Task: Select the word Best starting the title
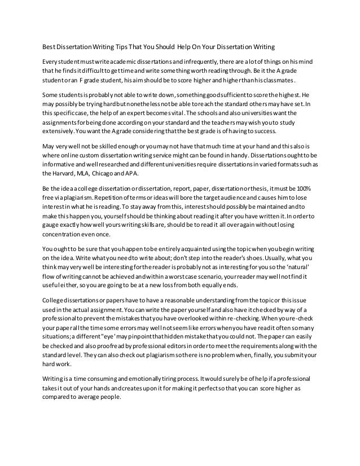(51, 46)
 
